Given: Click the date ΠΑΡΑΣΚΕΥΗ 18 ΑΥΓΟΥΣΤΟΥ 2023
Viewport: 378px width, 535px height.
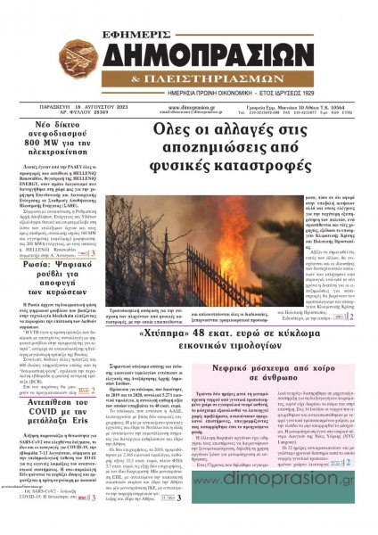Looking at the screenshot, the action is pyautogui.click(x=62, y=106).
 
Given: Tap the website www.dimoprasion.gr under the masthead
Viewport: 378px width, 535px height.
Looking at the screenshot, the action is pyautogui.click(x=187, y=106).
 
